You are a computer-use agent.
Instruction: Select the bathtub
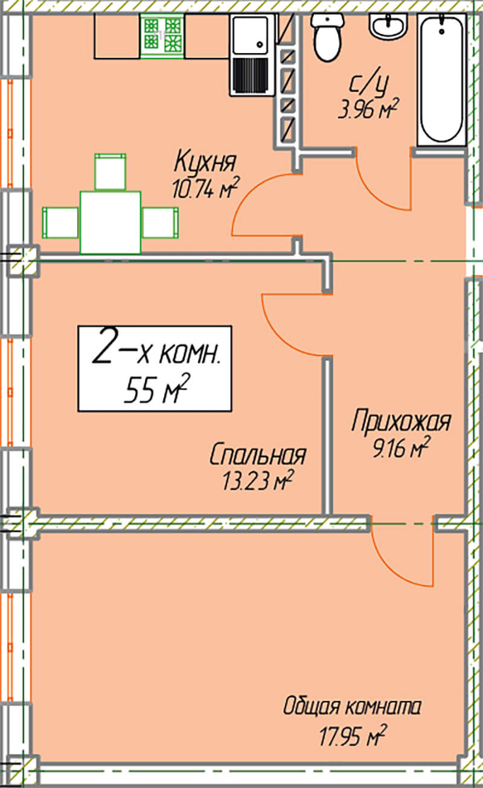point(442,80)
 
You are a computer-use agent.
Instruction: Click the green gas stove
point(162,36)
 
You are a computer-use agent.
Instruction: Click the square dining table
point(110,222)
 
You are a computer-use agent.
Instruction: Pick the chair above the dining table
point(110,172)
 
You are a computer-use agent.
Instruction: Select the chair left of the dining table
point(60,222)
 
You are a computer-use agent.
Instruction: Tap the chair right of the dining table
point(160,222)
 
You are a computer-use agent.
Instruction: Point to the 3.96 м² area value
point(368,109)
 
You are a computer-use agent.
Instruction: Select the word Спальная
point(258,455)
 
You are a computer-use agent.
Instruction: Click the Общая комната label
point(352,707)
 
